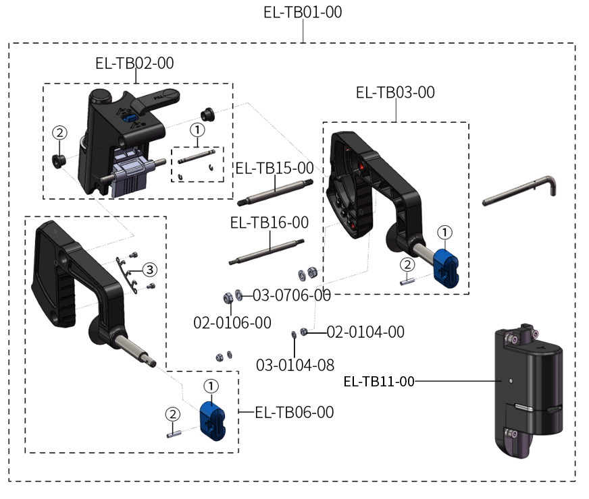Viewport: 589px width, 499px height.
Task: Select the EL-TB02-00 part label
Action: click(x=134, y=63)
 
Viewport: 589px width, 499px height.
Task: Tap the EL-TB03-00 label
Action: click(x=395, y=92)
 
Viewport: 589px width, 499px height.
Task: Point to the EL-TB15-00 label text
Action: click(x=274, y=168)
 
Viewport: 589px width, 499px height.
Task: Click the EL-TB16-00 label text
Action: click(x=269, y=222)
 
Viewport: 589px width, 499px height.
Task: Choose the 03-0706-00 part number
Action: click(x=292, y=295)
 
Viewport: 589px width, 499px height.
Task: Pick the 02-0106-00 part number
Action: click(x=232, y=323)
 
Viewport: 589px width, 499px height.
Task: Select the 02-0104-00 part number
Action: click(x=365, y=332)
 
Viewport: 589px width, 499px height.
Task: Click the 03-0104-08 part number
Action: click(x=295, y=365)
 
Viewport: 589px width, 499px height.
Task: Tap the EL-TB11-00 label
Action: click(x=378, y=382)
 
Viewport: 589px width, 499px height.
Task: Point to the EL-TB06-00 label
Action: click(x=294, y=412)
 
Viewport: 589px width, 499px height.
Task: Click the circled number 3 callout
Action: click(x=149, y=270)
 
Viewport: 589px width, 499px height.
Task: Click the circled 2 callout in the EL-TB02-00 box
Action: click(x=60, y=133)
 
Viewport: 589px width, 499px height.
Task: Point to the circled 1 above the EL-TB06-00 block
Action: click(x=211, y=386)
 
